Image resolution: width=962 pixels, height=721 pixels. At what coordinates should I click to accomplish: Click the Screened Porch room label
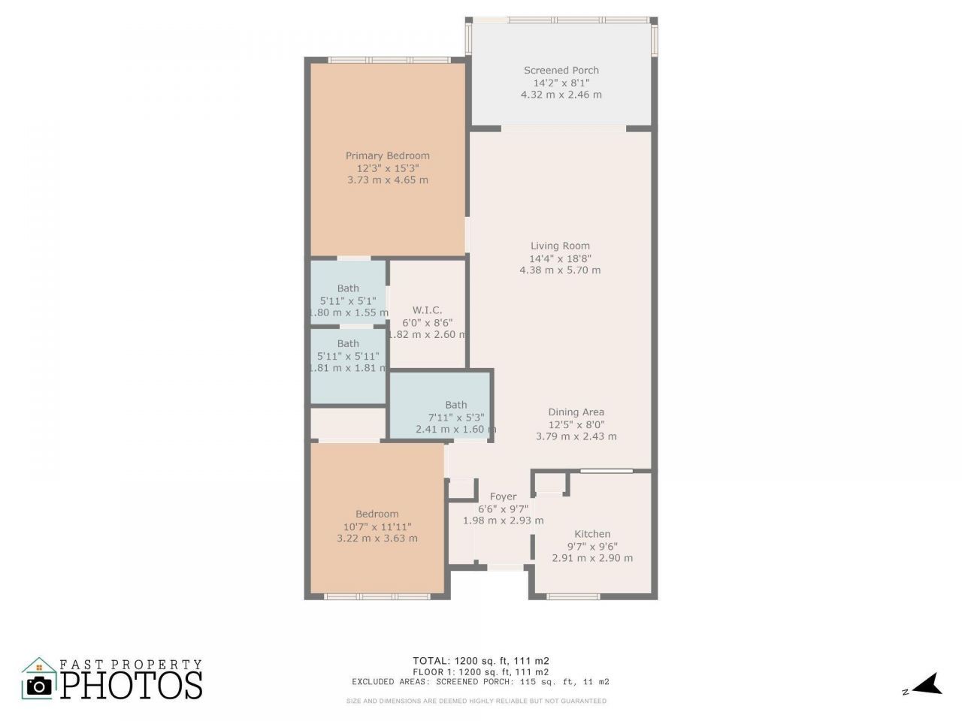pyautogui.click(x=561, y=71)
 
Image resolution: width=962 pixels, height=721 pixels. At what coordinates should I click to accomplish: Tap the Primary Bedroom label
pyautogui.click(x=387, y=156)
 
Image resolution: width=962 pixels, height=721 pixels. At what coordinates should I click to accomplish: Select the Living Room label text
pyautogui.click(x=560, y=246)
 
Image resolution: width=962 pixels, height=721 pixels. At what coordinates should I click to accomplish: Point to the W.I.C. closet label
pyautogui.click(x=427, y=310)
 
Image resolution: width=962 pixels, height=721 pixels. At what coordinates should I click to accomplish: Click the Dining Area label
pyautogui.click(x=576, y=412)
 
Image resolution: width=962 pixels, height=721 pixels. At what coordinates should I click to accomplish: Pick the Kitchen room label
pyautogui.click(x=591, y=534)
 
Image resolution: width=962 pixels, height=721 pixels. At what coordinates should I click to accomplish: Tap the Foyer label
pyautogui.click(x=503, y=496)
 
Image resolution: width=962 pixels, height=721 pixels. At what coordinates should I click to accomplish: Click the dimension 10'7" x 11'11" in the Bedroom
pyautogui.click(x=377, y=526)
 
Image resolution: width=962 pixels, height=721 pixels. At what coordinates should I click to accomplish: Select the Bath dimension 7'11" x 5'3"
pyautogui.click(x=455, y=418)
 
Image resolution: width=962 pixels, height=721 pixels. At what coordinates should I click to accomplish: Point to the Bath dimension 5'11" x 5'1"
pyautogui.click(x=348, y=300)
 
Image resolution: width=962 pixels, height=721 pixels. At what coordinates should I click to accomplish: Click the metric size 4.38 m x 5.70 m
pyautogui.click(x=560, y=270)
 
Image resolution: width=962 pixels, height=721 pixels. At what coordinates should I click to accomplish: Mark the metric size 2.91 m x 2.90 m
pyautogui.click(x=591, y=558)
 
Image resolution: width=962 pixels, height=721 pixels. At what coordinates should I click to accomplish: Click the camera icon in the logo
pyautogui.click(x=39, y=685)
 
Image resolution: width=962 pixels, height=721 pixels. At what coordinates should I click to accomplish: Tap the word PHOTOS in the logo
pyautogui.click(x=132, y=685)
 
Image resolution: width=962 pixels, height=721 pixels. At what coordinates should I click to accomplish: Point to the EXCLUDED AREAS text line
pyautogui.click(x=480, y=682)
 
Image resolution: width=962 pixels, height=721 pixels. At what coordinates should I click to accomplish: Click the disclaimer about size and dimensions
pyautogui.click(x=476, y=701)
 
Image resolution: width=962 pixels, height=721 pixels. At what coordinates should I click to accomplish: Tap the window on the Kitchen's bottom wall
pyautogui.click(x=573, y=596)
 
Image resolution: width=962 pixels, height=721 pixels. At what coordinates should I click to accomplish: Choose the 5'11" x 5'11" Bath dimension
pyautogui.click(x=348, y=356)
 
